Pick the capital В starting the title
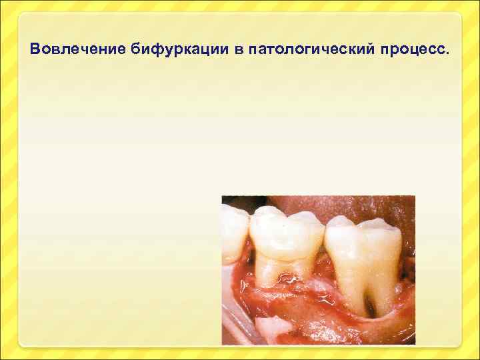(x=35, y=49)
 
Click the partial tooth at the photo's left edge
(x=233, y=233)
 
